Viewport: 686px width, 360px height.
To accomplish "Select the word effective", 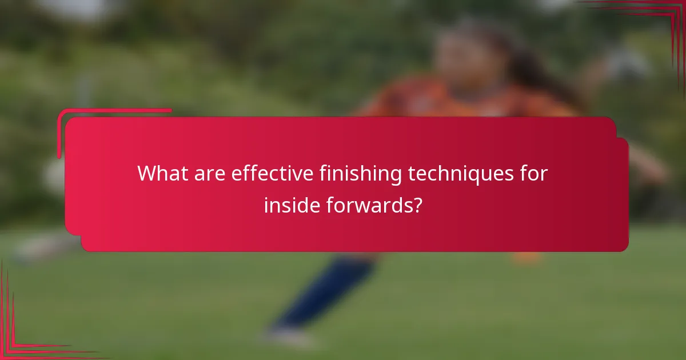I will coord(270,173).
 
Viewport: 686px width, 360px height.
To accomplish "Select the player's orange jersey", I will coord(457,100).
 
